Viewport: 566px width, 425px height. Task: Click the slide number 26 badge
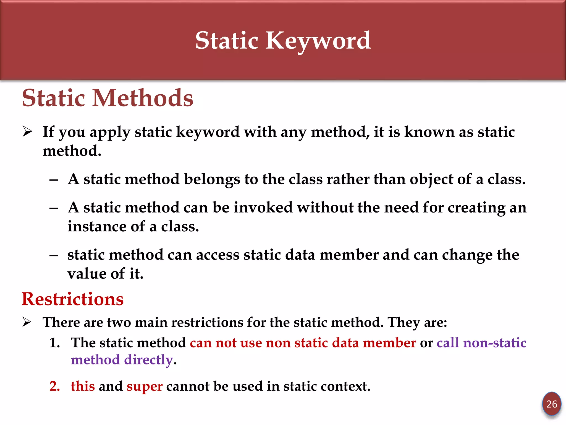tap(552, 404)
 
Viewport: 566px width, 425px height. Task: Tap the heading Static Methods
tap(108, 98)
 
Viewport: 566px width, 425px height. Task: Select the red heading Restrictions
tap(73, 299)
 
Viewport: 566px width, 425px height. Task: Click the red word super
tap(145, 386)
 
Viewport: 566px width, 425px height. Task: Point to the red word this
tap(83, 386)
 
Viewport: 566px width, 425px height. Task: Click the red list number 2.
tap(55, 386)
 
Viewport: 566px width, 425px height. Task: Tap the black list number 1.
tap(54, 343)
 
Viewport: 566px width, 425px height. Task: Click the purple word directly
tap(148, 360)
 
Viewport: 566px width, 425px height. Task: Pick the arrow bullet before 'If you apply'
tap(27, 131)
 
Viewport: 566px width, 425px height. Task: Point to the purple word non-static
tap(495, 343)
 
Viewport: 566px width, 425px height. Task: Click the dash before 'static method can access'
tap(54, 255)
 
